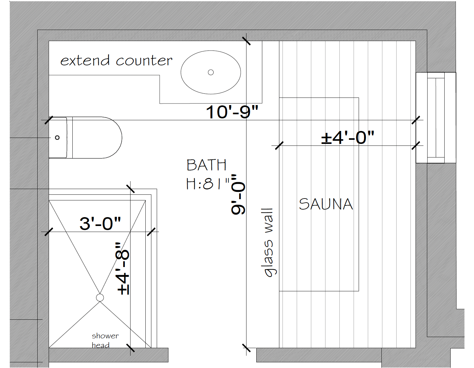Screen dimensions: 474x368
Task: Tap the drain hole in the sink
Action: tap(211, 72)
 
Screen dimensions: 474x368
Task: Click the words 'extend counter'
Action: tap(116, 60)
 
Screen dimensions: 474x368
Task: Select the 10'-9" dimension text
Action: tap(232, 112)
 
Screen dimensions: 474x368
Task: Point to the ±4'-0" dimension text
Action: tap(348, 137)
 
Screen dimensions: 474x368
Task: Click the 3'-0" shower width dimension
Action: tap(100, 223)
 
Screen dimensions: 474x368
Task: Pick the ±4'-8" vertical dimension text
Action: tap(123, 269)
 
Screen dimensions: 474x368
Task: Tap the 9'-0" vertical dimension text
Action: tap(238, 194)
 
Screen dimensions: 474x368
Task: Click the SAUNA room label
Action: tap(326, 204)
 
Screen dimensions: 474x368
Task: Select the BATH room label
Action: tap(207, 165)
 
